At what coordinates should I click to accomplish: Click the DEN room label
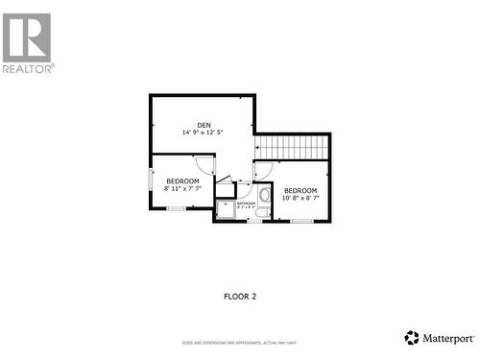click(x=204, y=125)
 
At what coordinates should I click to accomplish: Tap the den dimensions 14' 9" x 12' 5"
click(x=204, y=133)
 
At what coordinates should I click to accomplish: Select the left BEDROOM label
click(x=182, y=181)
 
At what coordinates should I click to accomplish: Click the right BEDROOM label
click(x=300, y=190)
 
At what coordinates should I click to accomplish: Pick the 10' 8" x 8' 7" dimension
click(x=300, y=199)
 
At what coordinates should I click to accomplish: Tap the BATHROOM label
click(x=247, y=204)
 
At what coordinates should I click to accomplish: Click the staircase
click(x=292, y=147)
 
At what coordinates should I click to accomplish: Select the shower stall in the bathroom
click(x=225, y=209)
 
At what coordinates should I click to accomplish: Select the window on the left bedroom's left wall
click(x=150, y=181)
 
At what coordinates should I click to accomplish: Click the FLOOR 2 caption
click(x=240, y=297)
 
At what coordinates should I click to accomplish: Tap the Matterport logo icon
click(x=412, y=338)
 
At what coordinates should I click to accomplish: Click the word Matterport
click(x=447, y=338)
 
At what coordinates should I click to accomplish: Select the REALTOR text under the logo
click(x=29, y=68)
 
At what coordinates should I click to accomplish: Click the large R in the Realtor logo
click(x=27, y=37)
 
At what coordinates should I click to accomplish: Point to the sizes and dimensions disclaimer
click(x=240, y=343)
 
